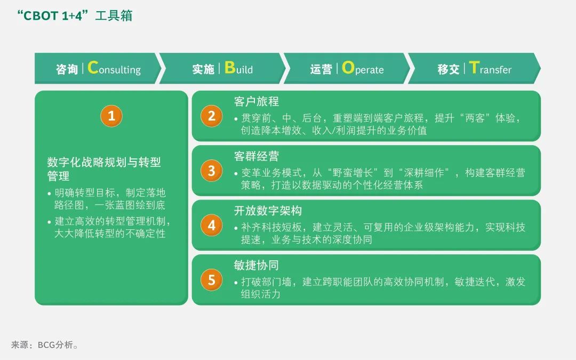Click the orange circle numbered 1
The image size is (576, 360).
point(111,116)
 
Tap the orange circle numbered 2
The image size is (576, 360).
point(212,116)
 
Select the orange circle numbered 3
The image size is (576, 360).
point(212,171)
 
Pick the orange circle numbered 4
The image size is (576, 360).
point(212,225)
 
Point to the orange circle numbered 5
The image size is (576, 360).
point(212,280)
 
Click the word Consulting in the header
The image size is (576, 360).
point(114,69)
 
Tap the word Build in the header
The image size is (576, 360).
point(238,69)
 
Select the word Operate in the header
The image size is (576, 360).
point(363,69)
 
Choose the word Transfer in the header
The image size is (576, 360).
point(490,69)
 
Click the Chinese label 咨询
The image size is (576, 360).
point(67,69)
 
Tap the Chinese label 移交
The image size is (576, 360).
point(449,69)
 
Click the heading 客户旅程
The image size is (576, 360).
point(256,101)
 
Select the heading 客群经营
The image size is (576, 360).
point(256,156)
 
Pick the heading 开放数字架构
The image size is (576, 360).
point(268,211)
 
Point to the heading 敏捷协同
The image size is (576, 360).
point(256,265)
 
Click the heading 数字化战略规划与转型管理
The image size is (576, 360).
point(103,169)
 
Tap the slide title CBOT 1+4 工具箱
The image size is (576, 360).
point(75,16)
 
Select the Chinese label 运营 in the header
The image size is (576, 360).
point(321,69)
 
